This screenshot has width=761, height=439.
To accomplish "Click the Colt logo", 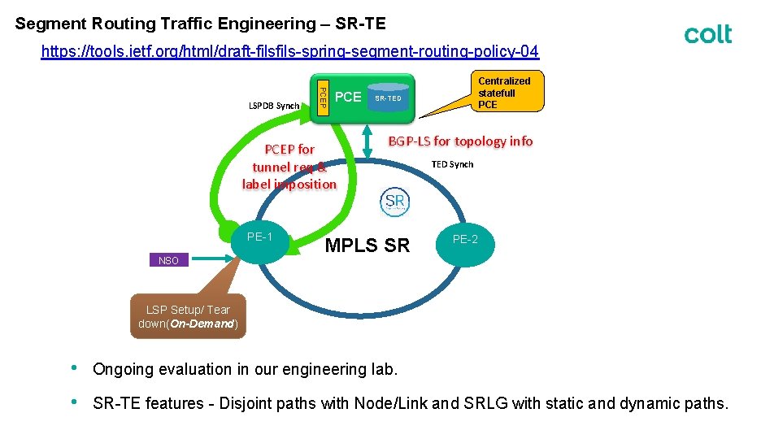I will [707, 34].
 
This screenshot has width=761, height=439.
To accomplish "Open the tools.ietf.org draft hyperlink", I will [289, 52].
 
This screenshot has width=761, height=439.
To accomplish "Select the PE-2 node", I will [465, 240].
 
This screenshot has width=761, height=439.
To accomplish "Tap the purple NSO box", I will [168, 260].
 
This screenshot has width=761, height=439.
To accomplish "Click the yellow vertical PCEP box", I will [322, 95].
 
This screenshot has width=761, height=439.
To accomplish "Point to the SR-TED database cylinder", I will [388, 97].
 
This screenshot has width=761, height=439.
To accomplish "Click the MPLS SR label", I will [367, 246].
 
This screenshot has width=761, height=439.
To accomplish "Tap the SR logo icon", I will [395, 202].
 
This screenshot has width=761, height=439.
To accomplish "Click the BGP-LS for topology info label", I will [460, 141].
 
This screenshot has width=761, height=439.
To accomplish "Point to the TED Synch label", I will [452, 164].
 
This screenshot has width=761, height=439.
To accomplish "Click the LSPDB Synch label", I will [274, 106].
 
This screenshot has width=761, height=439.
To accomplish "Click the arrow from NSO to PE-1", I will [211, 259].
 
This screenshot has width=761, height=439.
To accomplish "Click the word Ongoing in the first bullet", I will [124, 369].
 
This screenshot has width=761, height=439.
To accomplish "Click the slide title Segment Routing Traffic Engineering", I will [200, 24].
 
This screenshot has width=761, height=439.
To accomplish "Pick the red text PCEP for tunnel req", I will [289, 167].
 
